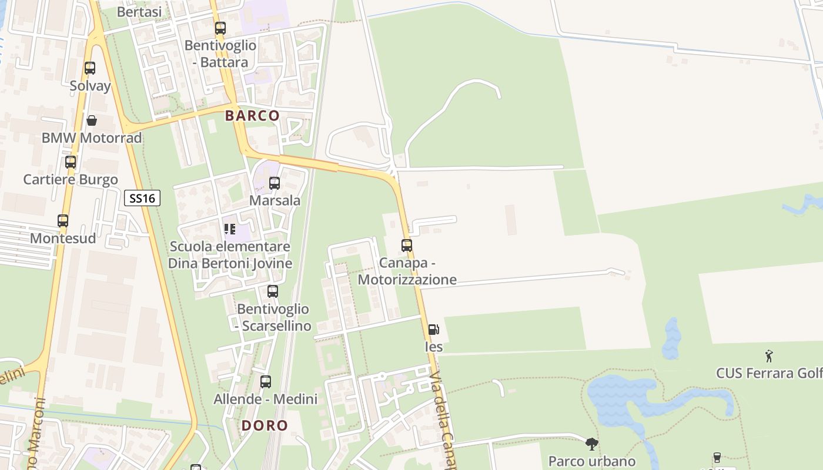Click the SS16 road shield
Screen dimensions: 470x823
142,198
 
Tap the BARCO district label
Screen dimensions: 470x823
252,116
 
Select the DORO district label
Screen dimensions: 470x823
265,425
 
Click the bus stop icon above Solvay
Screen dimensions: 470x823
90,68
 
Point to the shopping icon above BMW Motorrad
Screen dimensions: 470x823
92,120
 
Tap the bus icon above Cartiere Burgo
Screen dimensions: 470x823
71,162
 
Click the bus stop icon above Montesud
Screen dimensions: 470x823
63,221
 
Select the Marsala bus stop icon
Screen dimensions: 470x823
275,183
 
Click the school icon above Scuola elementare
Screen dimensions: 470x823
230,229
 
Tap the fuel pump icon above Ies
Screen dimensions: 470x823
433,330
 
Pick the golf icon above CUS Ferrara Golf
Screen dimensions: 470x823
769,355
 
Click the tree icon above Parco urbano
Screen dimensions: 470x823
592,444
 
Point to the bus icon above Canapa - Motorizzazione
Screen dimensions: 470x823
407,246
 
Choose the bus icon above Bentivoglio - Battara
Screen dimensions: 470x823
220,28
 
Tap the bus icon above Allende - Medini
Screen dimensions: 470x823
266,382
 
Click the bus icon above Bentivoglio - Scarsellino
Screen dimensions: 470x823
273,291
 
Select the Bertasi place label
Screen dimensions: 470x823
139,12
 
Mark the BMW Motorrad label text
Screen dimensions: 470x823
92,138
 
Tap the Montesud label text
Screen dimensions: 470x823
63,239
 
